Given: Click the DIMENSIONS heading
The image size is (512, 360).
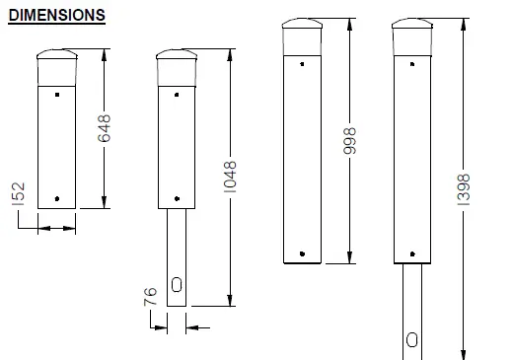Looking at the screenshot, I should (57, 17).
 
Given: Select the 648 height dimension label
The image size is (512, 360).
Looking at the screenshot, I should (105, 129).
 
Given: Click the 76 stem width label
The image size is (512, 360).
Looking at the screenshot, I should (151, 299).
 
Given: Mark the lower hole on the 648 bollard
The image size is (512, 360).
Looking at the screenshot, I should (57, 197).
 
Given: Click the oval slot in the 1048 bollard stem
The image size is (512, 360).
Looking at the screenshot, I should (177, 284).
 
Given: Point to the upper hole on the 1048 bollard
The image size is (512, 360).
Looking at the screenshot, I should (178, 96).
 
